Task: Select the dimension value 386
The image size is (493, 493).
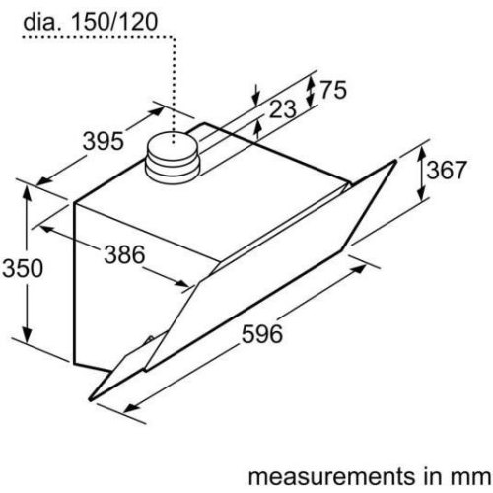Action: point(124,255)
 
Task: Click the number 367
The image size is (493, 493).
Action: point(447,170)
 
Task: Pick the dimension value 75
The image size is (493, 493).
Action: point(334,91)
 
